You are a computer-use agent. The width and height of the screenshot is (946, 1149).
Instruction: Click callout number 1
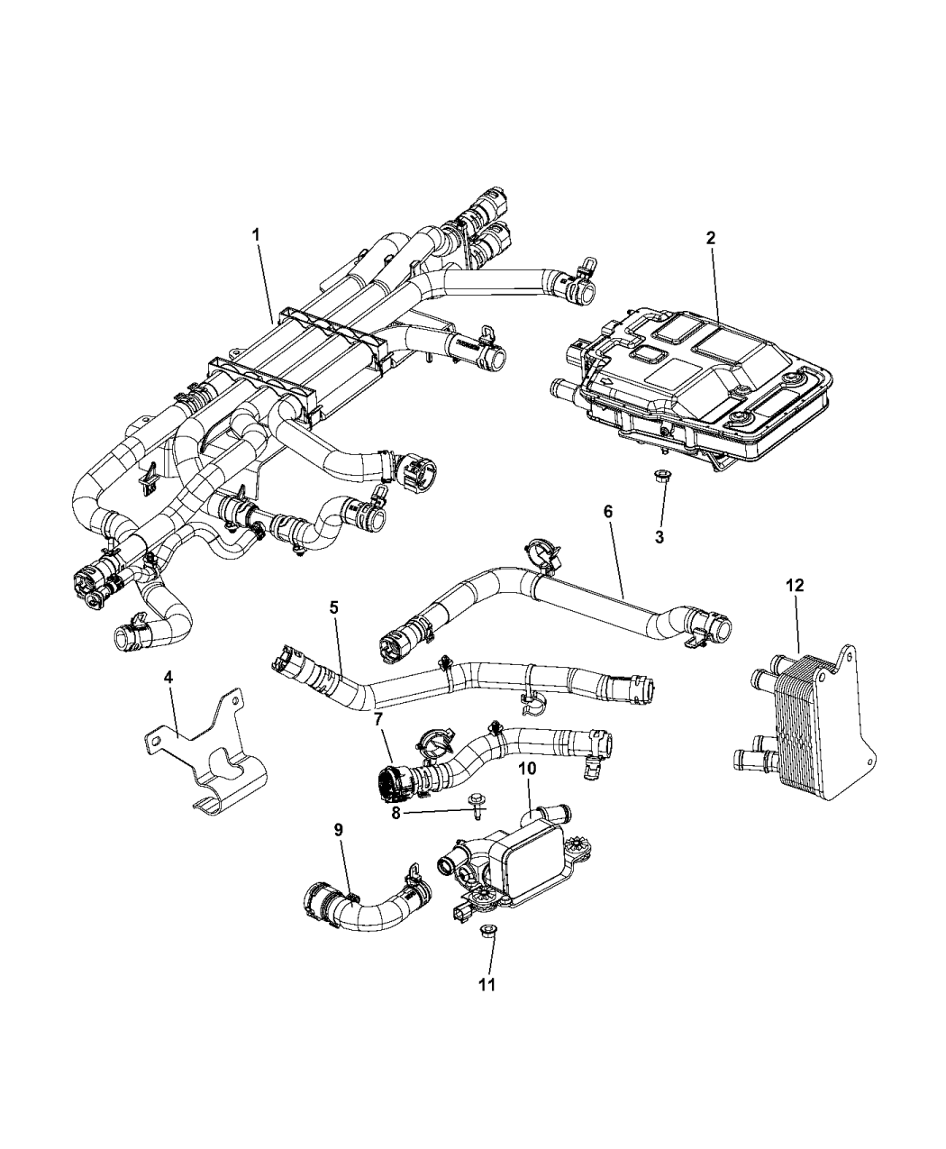coord(256,234)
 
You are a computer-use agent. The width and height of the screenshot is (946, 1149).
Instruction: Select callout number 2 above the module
coord(711,238)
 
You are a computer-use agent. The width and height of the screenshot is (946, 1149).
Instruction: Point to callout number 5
coord(334,608)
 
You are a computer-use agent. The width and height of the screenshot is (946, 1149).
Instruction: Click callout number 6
coord(607,511)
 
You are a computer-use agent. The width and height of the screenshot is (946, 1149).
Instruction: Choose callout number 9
coord(339,829)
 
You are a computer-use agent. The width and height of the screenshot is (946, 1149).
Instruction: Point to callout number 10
coord(527,769)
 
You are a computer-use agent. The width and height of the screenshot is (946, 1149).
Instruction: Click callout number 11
coord(487,985)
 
